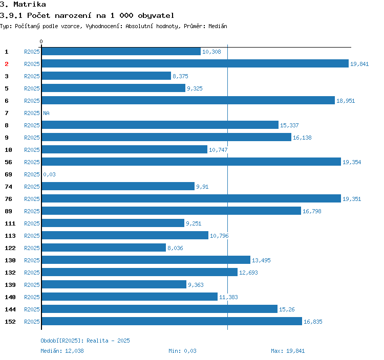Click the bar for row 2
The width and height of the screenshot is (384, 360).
point(195,64)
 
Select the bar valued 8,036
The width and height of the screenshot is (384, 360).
point(104,248)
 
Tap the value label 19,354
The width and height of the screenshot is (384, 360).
point(352,162)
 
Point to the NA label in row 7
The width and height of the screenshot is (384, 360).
point(46,113)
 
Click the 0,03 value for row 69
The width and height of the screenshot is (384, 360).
point(49,174)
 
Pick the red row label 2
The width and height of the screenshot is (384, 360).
point(7,64)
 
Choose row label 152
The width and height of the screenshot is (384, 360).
point(10,322)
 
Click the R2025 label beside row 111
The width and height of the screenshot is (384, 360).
point(32,223)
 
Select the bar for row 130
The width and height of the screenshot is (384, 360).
point(146,260)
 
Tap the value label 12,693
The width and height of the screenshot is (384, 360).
point(248,273)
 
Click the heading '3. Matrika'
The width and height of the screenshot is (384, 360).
point(23,5)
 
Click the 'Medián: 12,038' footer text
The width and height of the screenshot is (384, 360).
point(62,351)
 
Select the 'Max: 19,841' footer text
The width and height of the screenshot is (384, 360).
point(288,351)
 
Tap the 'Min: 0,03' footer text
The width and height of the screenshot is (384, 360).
point(182,351)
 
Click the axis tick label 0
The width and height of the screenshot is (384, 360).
point(41,41)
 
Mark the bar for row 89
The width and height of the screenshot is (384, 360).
point(171,211)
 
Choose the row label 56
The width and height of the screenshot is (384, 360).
point(8,162)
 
